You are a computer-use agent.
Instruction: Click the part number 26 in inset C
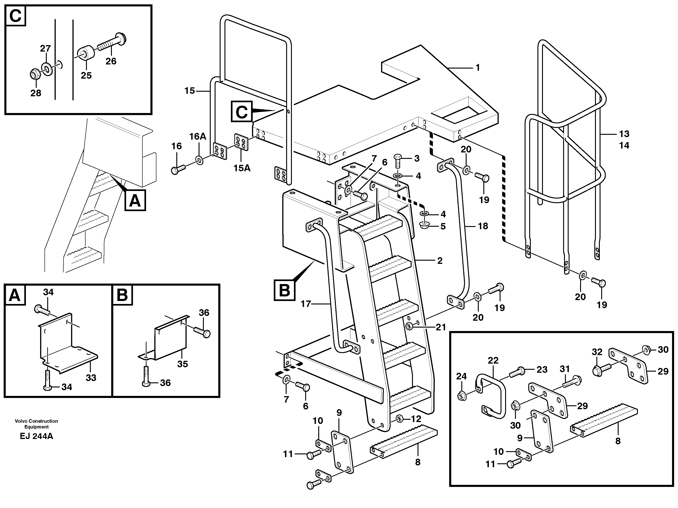click(x=111, y=61)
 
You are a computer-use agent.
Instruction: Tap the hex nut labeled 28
click(x=34, y=74)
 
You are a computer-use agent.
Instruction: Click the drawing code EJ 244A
click(x=36, y=436)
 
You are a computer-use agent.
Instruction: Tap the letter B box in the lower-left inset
click(x=122, y=295)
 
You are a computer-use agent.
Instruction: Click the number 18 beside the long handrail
click(x=483, y=226)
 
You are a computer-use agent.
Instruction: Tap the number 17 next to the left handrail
click(x=306, y=304)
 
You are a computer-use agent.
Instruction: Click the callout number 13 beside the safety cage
click(x=624, y=134)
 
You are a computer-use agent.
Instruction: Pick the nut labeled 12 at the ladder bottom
click(x=399, y=419)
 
